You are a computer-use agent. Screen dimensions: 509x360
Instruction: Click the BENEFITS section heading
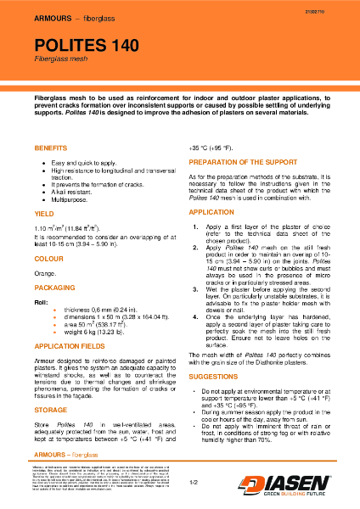pyautogui.click(x=51, y=148)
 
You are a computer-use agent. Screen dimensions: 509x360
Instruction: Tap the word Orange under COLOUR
pyautogui.click(x=44, y=274)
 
